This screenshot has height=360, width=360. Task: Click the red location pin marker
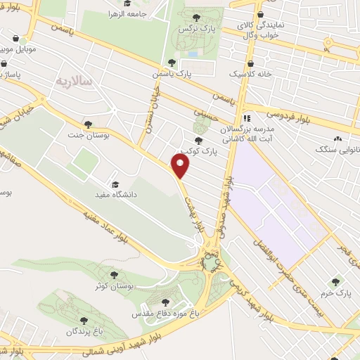point(181,166)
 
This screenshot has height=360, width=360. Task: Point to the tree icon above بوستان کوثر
point(115,275)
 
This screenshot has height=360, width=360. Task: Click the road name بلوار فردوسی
point(288,109)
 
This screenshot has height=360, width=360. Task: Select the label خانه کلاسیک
point(247,72)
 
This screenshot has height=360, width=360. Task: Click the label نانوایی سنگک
point(337,150)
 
